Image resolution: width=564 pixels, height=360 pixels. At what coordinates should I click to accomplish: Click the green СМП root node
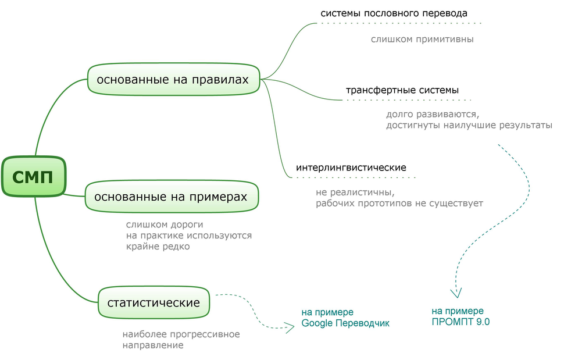click(33, 176)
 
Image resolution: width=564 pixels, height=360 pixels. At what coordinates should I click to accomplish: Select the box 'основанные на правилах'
click(173, 79)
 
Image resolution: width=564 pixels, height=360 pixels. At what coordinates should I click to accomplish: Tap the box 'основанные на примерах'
click(171, 197)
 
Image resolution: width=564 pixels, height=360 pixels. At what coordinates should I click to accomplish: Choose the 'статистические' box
click(154, 302)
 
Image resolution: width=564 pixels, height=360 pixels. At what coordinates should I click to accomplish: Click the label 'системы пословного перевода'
click(394, 13)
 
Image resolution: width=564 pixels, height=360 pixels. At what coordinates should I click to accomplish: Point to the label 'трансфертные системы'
click(402, 90)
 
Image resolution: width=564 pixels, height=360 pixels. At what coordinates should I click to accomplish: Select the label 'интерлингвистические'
click(351, 167)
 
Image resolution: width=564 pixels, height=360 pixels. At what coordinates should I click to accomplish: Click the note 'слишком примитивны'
click(422, 40)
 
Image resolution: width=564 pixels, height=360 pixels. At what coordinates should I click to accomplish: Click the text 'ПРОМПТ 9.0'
click(461, 322)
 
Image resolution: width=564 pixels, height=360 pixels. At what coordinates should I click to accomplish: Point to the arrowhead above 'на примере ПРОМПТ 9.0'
click(456, 292)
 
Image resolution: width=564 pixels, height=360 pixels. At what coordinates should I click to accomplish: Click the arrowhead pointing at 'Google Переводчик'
click(288, 327)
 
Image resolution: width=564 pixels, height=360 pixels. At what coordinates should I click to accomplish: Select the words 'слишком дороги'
click(165, 224)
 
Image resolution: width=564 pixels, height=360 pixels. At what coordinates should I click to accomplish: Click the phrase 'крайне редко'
click(158, 247)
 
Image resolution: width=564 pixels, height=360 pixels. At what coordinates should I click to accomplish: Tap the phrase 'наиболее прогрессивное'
click(181, 334)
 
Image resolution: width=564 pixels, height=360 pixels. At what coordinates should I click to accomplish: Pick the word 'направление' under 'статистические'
click(153, 345)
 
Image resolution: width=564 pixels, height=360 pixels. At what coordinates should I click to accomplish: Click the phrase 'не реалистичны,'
click(355, 193)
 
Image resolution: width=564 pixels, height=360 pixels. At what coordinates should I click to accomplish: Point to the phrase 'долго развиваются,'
click(432, 114)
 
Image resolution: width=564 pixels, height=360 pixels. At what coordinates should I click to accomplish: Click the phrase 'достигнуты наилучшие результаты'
click(469, 125)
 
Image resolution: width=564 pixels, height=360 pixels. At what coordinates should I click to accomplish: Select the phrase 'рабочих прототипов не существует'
click(399, 204)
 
